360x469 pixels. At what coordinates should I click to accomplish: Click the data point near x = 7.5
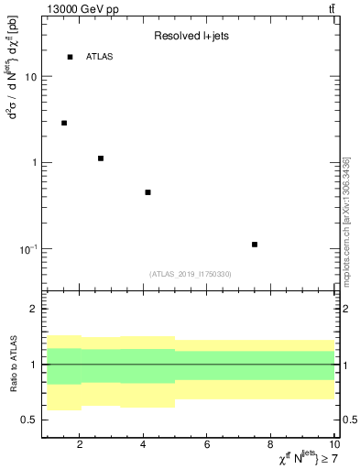coord(255,245)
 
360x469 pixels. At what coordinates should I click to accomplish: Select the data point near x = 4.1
coord(147,192)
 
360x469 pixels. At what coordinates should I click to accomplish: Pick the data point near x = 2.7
coord(101,158)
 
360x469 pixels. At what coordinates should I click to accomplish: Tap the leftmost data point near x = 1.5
coord(64,123)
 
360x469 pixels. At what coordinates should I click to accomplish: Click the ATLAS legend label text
coord(100,57)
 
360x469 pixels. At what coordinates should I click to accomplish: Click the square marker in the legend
coord(70,57)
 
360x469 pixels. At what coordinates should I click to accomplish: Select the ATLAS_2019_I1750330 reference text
coord(191,274)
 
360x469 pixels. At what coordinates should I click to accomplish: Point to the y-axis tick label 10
coord(31,77)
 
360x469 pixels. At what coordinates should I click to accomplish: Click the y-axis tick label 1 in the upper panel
coord(35,163)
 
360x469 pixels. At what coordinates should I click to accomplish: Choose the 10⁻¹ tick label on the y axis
coord(29,249)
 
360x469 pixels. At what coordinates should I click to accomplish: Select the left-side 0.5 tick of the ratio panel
coord(29,420)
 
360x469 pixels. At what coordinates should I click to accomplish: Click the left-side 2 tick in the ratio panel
coord(35,309)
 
